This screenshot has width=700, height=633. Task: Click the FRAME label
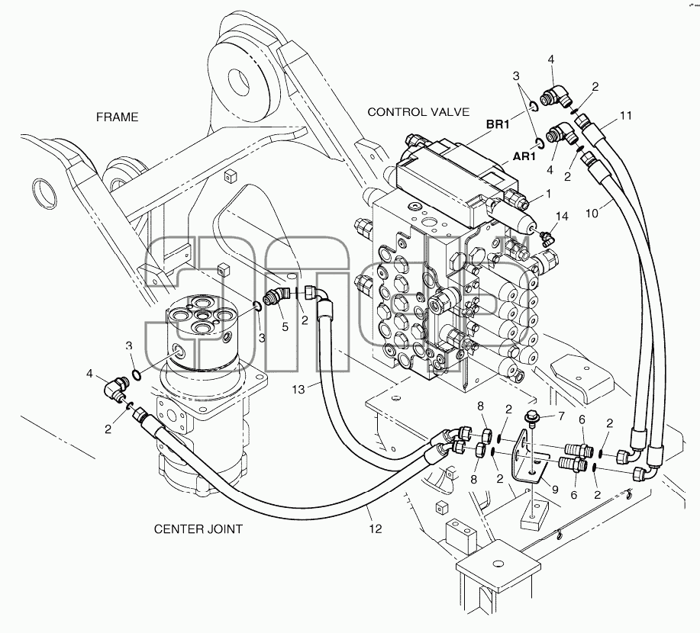click(x=118, y=117)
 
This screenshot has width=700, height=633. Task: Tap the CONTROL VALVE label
click(x=418, y=112)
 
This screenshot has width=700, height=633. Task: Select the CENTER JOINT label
click(x=198, y=529)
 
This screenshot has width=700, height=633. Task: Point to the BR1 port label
click(x=497, y=124)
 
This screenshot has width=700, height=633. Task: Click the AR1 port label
click(x=524, y=156)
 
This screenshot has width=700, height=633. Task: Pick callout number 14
click(x=562, y=217)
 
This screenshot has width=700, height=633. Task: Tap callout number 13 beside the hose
click(x=298, y=390)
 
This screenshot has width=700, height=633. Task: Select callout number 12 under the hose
click(x=376, y=529)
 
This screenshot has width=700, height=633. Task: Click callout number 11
click(x=626, y=115)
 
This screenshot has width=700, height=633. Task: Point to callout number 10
click(x=592, y=214)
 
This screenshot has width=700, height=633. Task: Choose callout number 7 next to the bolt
click(x=561, y=416)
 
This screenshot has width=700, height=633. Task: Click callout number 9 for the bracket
click(x=555, y=490)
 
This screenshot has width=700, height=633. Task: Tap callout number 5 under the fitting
click(x=285, y=327)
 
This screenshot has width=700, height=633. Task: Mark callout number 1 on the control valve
click(x=548, y=194)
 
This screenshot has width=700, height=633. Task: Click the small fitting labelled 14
click(x=546, y=237)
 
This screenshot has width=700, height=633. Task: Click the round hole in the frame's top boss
click(x=238, y=80)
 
